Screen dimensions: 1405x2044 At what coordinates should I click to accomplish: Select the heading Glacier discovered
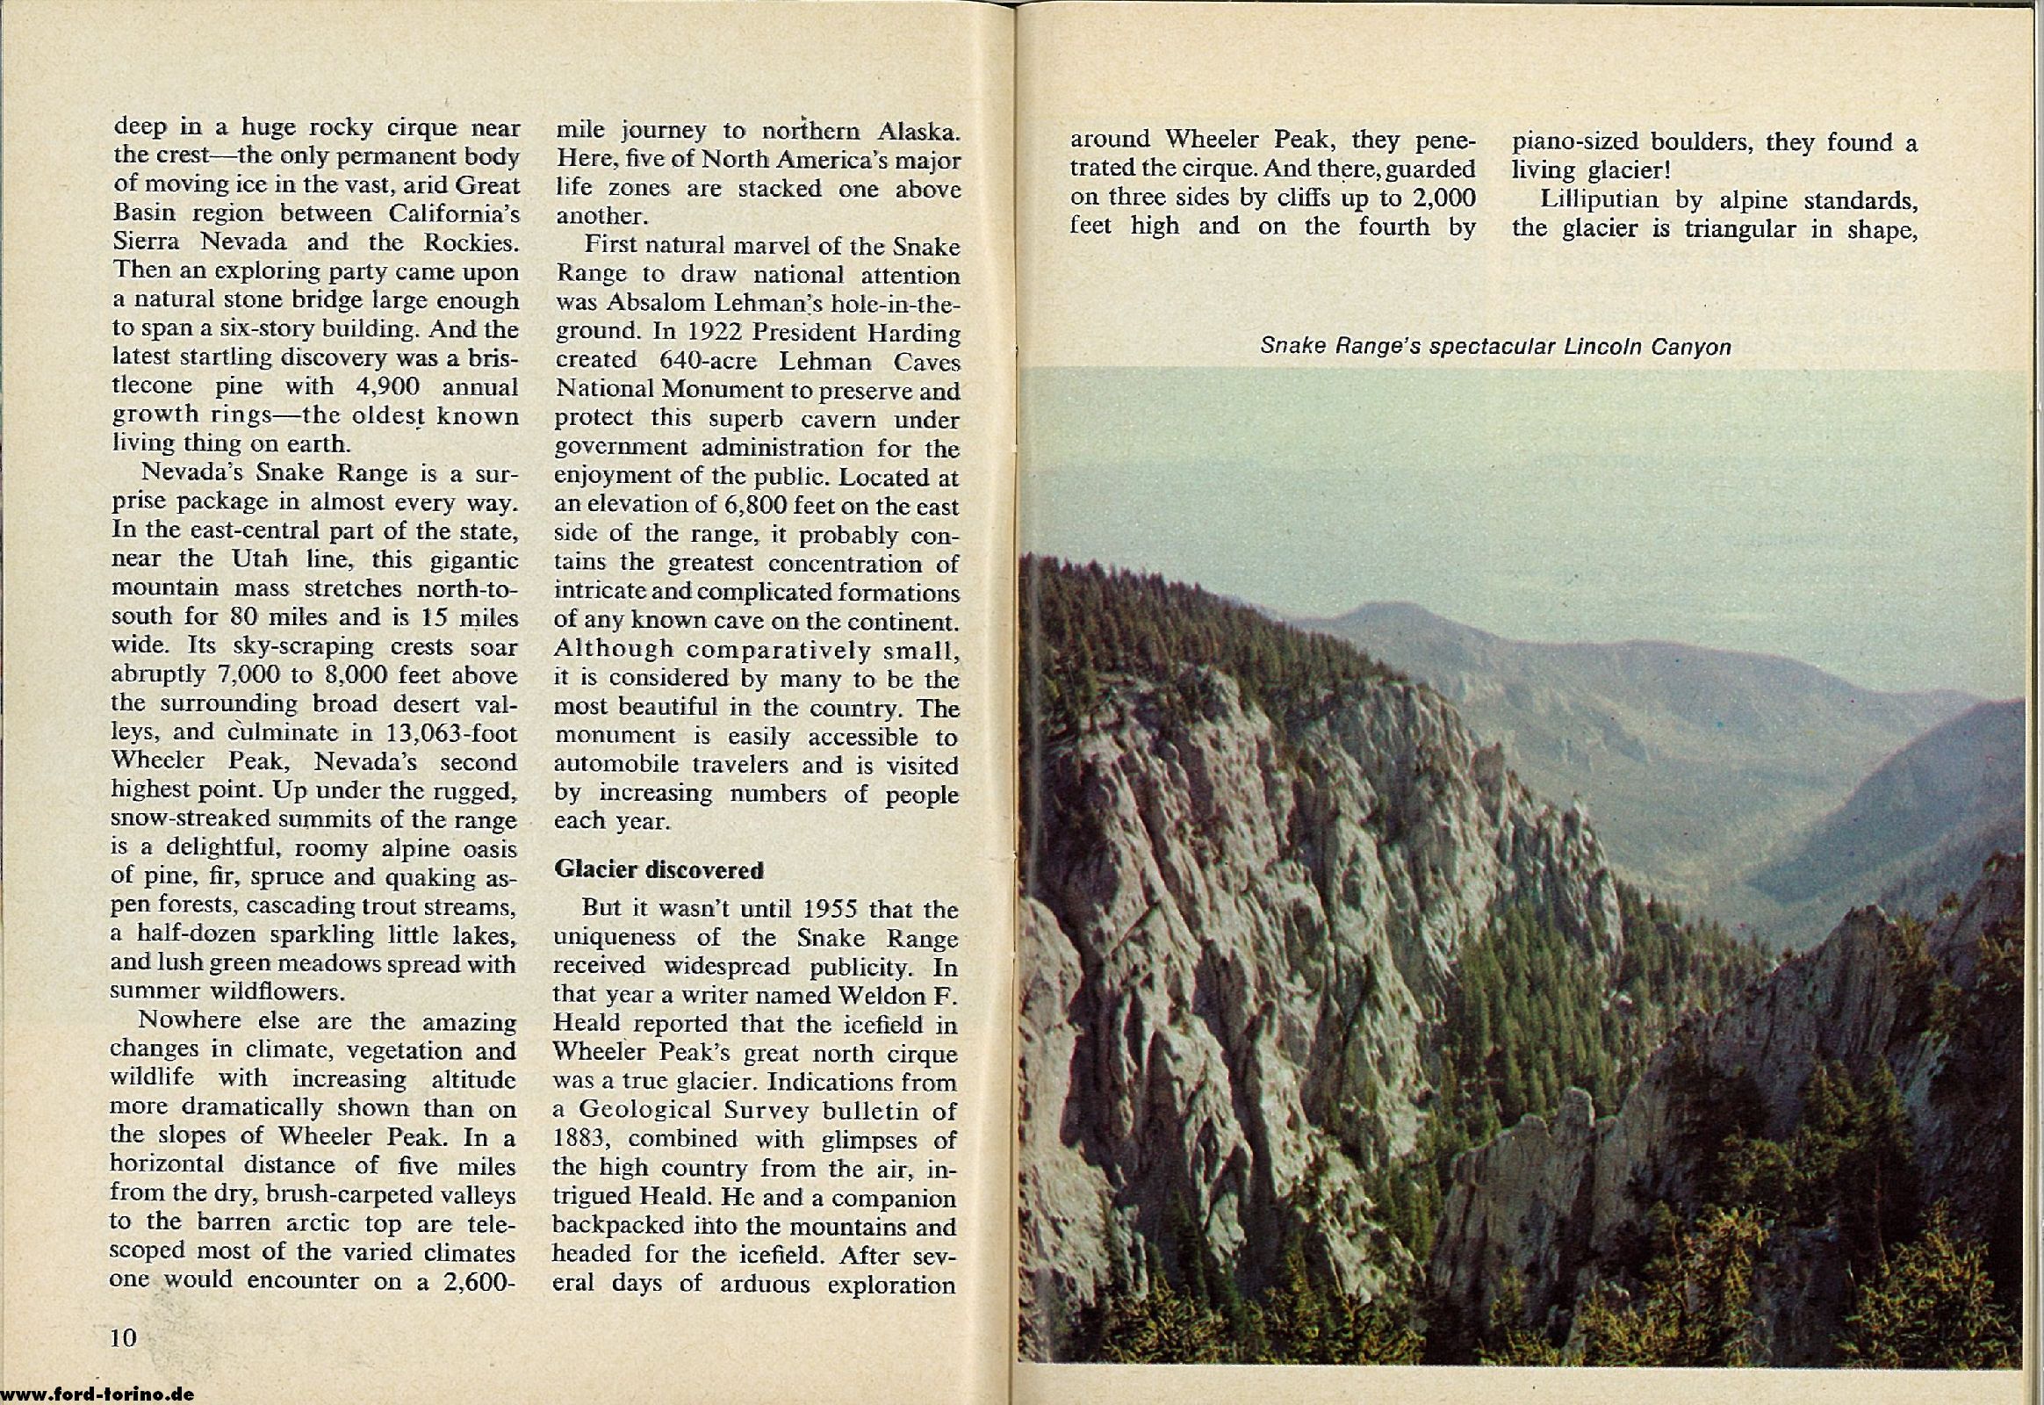tap(659, 869)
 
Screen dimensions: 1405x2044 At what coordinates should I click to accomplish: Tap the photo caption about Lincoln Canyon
tap(1495, 347)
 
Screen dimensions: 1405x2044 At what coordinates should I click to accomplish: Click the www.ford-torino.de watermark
tap(96, 1395)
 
